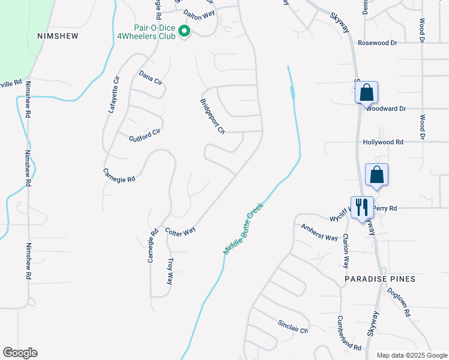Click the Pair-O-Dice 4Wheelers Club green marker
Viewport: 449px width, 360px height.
(x=184, y=31)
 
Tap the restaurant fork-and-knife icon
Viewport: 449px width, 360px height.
(x=362, y=208)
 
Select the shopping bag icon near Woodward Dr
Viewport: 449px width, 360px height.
(x=367, y=93)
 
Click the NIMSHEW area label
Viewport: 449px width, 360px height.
(x=58, y=36)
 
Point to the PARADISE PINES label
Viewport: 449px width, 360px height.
(x=380, y=280)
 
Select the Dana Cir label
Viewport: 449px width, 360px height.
(x=151, y=77)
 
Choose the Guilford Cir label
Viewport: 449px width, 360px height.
(x=145, y=136)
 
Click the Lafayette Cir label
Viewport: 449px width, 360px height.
(x=114, y=94)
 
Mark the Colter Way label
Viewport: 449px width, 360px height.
(x=181, y=231)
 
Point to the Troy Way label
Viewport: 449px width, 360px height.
(x=170, y=271)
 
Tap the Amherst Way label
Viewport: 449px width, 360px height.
(x=319, y=233)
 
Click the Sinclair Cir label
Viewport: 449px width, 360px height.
(x=292, y=326)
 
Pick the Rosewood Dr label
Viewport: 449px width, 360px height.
(x=378, y=43)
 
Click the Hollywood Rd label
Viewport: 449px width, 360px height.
(x=383, y=142)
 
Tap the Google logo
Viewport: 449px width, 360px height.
(x=20, y=353)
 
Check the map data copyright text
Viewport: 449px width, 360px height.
(x=411, y=355)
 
